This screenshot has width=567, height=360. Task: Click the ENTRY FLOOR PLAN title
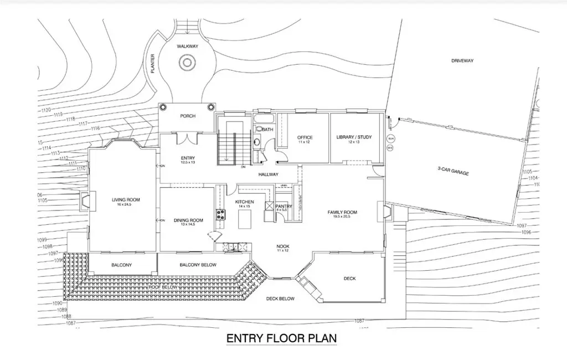point(281,338)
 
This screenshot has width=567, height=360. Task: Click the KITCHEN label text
point(244,202)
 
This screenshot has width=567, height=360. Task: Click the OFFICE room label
point(305,137)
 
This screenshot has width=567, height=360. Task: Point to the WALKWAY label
point(187,47)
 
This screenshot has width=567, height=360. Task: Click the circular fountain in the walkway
point(187,64)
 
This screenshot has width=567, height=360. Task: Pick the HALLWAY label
point(268,175)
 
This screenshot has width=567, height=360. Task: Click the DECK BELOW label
point(280,299)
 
